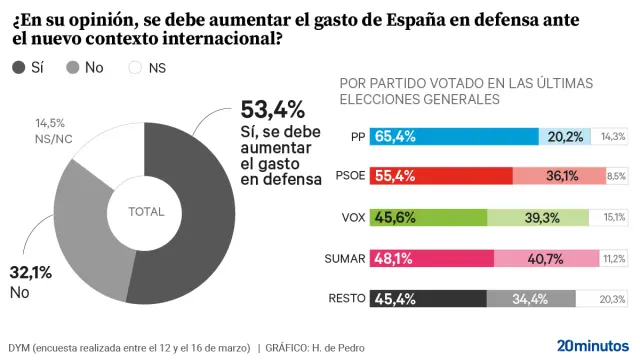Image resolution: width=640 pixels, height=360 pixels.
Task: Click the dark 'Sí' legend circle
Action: point(19,68)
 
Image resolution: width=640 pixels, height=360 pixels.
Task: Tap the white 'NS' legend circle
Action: point(137,68)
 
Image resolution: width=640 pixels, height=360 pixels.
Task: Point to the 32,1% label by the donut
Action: point(29,272)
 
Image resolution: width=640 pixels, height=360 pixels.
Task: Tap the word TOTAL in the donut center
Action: point(147,212)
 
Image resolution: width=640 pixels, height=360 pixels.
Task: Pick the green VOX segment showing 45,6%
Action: point(428,217)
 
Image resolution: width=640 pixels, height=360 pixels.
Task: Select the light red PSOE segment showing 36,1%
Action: point(559,176)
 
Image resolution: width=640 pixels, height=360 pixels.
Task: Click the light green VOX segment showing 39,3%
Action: point(542,217)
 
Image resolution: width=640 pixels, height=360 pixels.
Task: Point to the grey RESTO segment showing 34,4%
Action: point(531,298)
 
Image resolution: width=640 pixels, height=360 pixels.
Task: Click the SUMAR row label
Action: point(344,258)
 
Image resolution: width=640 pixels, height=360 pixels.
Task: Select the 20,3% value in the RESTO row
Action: point(612,298)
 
